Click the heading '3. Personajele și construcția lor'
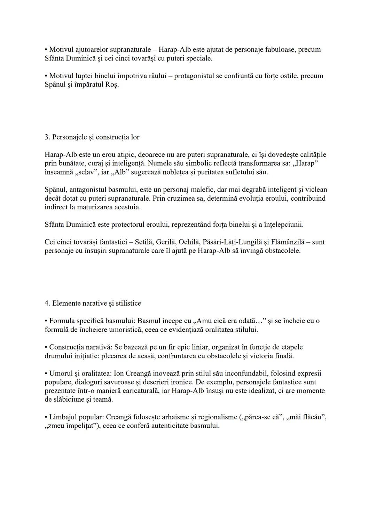[x=92, y=137]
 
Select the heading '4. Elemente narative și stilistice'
[x=93, y=303]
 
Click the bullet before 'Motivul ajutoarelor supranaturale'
[x=46, y=50]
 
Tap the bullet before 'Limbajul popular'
[x=46, y=417]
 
